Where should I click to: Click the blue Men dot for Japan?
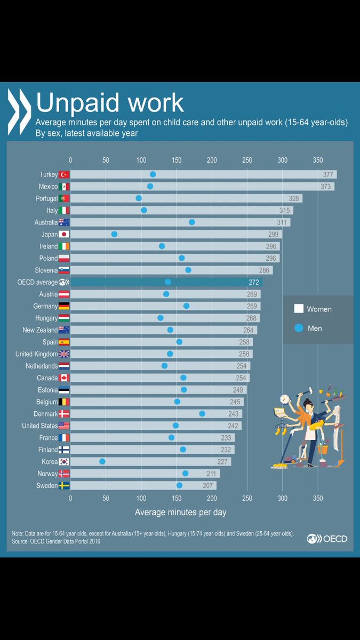[114, 234]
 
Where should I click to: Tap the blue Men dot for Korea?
[102, 461]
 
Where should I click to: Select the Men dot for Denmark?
[202, 413]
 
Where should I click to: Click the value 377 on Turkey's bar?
[328, 174]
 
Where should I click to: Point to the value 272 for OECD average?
[253, 282]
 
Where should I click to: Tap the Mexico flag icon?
[64, 187]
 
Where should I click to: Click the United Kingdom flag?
[64, 354]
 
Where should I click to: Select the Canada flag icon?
[64, 378]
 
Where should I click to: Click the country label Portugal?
[46, 198]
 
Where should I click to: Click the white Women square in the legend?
[299, 309]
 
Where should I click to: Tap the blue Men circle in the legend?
[299, 328]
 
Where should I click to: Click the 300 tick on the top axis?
[282, 160]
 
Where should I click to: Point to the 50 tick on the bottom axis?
[106, 498]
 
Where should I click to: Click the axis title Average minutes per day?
[180, 512]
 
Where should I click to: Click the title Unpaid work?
[109, 103]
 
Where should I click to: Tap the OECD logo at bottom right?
[327, 539]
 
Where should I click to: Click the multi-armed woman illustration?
[308, 424]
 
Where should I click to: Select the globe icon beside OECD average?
[64, 282]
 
